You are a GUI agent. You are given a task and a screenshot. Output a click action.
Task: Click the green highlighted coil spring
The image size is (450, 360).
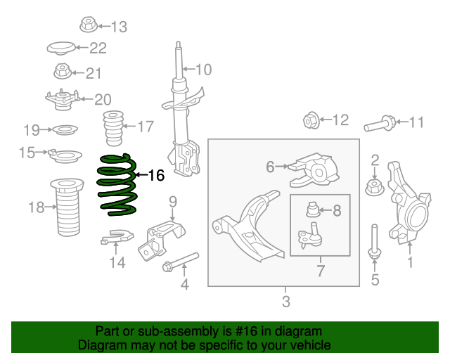tap(116, 184)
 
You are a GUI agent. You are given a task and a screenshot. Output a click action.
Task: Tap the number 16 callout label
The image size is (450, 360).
tap(155, 175)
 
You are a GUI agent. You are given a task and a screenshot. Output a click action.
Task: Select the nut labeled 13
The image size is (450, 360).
tap(88, 26)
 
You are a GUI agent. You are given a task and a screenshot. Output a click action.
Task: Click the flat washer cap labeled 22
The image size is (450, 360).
tap(60, 49)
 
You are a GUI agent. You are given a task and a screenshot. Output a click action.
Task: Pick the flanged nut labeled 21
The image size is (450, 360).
tap(62, 72)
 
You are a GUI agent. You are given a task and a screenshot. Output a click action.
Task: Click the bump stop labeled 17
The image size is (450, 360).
tap(112, 127)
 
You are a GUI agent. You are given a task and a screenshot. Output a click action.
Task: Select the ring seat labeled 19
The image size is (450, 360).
tap(65, 130)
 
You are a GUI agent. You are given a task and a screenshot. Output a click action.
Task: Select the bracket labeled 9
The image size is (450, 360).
tap(160, 238)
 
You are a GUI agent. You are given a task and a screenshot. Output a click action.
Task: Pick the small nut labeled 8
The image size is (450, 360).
tap(314, 209)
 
